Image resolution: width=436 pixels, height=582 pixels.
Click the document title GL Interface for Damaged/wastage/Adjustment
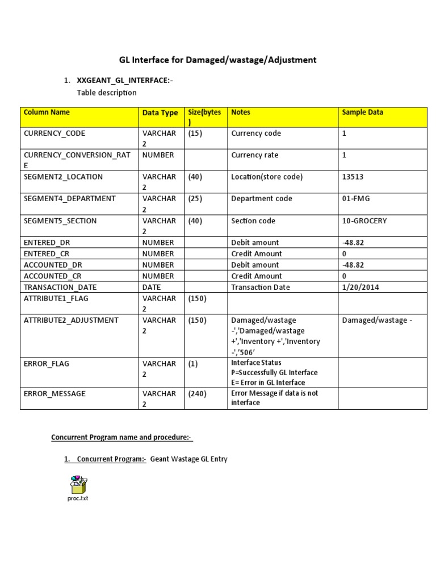217,60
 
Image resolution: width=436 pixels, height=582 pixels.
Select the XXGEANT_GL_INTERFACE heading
124,81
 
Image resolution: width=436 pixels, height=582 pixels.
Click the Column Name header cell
47,112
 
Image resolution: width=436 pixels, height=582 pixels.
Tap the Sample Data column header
362,112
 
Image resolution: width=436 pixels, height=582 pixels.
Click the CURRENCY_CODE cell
54,134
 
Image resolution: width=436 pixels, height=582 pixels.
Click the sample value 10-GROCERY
364,221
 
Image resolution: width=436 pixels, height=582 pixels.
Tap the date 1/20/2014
360,287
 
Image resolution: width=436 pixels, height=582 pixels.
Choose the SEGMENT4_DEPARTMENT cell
69,198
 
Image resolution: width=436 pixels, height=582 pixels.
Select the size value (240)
197,393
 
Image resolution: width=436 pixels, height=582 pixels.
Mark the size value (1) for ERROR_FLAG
193,364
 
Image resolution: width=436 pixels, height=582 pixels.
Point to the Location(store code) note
267,177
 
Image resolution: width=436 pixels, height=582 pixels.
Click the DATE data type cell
152,287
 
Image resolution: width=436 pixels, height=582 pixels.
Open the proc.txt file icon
78,486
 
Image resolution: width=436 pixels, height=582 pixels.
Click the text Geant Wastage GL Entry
188,459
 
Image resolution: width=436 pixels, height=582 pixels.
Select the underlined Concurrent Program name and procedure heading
122,437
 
